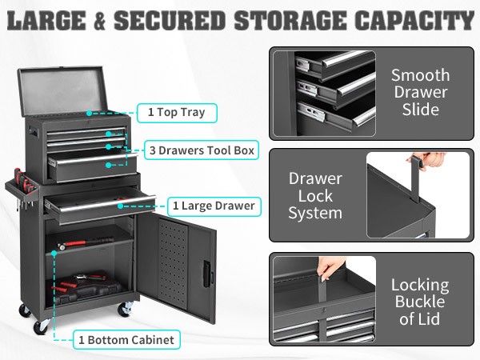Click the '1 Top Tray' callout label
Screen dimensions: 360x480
pos(176,112)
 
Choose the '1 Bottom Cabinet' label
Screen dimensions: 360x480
pos(125,340)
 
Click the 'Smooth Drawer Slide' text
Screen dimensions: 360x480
pos(420,92)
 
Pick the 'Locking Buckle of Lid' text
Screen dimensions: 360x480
pos(420,302)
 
